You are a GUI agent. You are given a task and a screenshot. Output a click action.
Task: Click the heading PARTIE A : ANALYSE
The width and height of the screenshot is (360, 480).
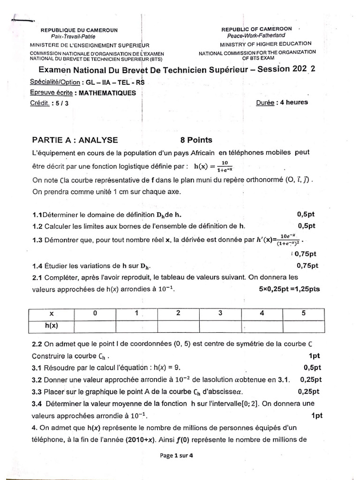(75, 140)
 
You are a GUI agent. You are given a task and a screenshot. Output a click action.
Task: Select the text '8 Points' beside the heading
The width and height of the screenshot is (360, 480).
(196, 140)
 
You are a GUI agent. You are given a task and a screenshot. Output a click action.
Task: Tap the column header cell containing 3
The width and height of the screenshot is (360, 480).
(220, 313)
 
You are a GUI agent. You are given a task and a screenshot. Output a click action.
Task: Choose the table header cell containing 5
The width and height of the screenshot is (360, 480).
(303, 313)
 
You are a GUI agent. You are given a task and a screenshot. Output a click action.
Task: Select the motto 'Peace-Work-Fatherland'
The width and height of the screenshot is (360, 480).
(256, 35)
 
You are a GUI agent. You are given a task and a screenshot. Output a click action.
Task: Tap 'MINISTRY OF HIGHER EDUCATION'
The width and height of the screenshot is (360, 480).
(256, 44)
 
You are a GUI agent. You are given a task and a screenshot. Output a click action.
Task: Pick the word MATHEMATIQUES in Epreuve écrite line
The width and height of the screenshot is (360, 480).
(107, 93)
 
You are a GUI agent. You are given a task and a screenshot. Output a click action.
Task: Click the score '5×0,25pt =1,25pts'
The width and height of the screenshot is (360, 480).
(289, 289)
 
